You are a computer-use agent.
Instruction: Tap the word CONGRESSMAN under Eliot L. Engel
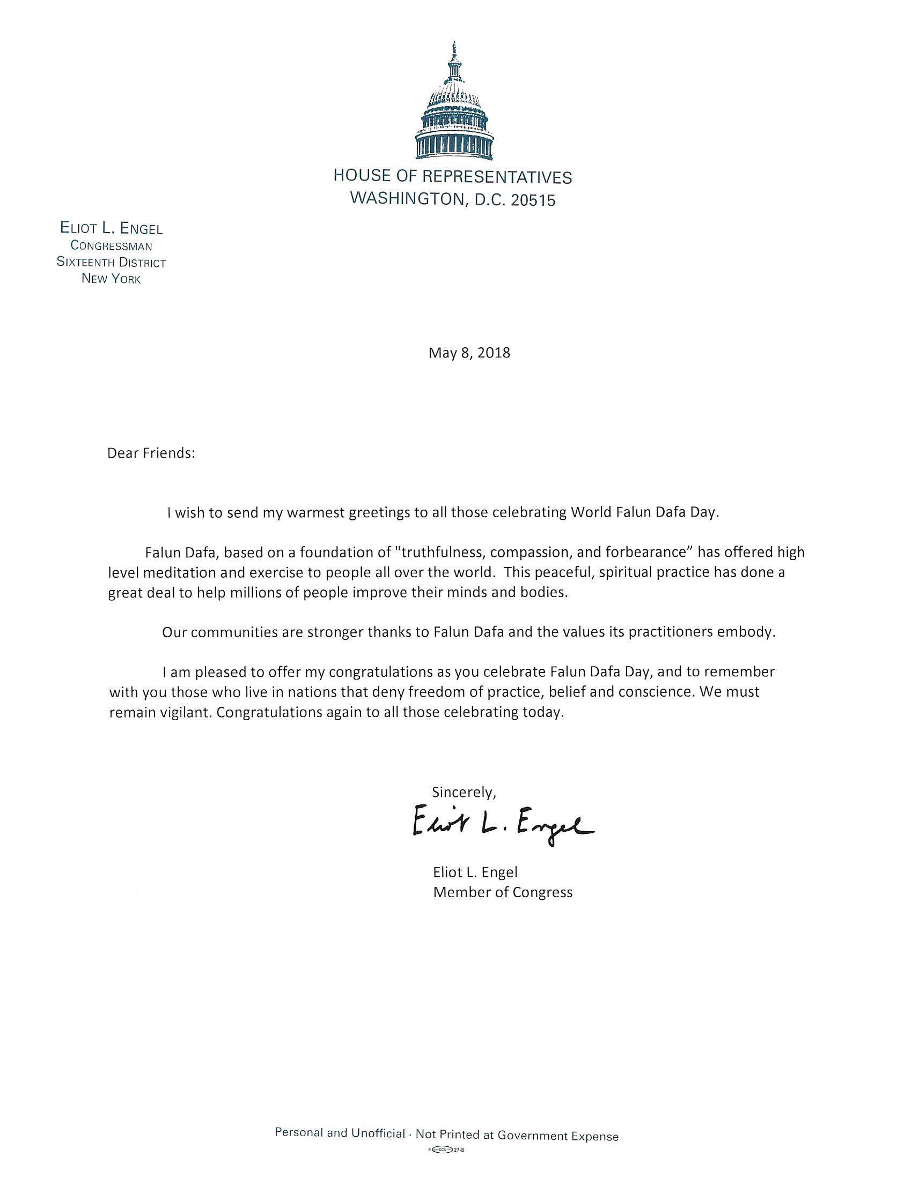[111, 246]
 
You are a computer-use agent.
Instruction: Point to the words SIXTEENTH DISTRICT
[111, 263]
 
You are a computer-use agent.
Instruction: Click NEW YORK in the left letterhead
[111, 279]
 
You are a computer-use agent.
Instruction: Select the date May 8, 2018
[469, 353]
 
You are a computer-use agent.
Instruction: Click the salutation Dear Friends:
[151, 453]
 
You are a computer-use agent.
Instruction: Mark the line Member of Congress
[503, 892]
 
